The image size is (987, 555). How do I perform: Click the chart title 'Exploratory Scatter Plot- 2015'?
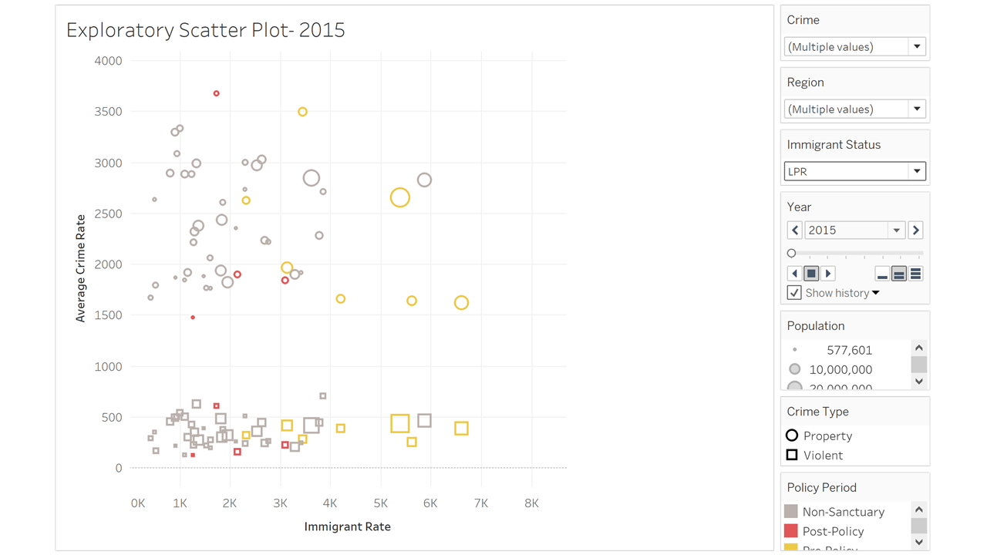[x=205, y=30]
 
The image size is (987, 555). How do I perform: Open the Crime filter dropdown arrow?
[x=917, y=47]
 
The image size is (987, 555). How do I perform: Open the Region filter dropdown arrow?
[x=917, y=109]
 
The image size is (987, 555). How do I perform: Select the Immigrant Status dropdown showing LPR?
[x=854, y=171]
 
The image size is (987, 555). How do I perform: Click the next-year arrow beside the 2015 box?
[x=916, y=230]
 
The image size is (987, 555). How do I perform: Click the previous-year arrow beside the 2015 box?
[x=795, y=230]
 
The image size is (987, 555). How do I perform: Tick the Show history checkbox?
[x=794, y=293]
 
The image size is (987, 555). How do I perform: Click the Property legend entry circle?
[x=792, y=436]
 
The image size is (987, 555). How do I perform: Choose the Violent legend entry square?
[x=792, y=455]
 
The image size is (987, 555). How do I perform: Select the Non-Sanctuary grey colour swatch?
[x=790, y=512]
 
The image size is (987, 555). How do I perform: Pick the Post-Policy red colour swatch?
[x=790, y=531]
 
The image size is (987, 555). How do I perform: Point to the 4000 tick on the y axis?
[x=108, y=61]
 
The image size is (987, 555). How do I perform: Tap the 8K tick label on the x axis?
[x=531, y=503]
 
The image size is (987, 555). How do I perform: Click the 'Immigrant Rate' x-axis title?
[x=347, y=527]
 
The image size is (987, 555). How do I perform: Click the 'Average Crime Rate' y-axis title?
[x=80, y=268]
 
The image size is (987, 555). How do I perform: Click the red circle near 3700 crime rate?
[x=217, y=93]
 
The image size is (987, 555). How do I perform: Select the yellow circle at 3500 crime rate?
[x=302, y=112]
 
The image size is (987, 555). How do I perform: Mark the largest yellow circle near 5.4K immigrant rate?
[x=399, y=198]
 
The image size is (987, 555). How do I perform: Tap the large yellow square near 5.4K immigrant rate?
[x=399, y=423]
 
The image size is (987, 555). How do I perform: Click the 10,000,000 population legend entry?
[x=840, y=369]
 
